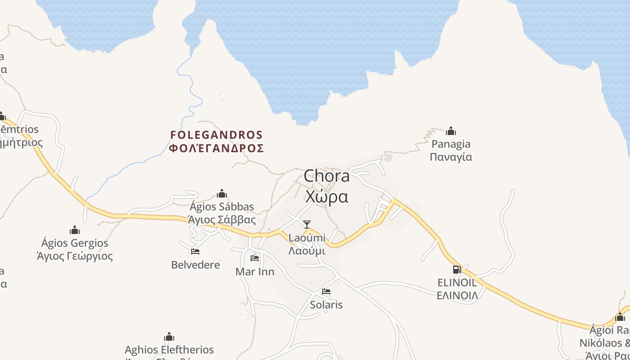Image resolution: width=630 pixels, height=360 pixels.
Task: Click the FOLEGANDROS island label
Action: (216, 141)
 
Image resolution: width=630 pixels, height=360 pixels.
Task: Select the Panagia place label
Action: (451, 150)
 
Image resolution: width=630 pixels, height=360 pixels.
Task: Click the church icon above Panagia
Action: (451, 131)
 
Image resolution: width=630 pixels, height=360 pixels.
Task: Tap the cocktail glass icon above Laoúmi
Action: (307, 224)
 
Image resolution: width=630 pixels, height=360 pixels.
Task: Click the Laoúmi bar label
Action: (307, 243)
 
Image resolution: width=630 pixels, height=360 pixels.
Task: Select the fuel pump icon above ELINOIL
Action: (457, 270)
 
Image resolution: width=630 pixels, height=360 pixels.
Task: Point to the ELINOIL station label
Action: (457, 289)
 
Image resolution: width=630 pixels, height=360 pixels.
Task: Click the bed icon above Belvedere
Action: (195, 251)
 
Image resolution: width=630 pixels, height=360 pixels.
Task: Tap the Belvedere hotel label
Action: (196, 265)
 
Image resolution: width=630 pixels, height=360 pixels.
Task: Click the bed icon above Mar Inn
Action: (255, 258)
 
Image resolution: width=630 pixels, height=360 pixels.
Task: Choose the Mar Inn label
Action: (255, 271)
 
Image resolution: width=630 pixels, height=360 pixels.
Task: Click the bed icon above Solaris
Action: (326, 292)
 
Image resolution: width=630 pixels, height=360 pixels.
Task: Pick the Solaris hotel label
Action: (326, 305)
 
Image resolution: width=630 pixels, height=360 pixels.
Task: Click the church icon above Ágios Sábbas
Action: (222, 193)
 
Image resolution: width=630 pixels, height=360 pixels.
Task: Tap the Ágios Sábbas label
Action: (222, 213)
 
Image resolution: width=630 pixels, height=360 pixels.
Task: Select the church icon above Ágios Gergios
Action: (75, 230)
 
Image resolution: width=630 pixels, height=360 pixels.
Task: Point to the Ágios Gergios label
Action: (75, 249)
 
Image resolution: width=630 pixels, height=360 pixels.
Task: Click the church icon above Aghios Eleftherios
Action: (169, 337)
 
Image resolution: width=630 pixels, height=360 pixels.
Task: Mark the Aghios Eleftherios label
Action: (169, 350)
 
